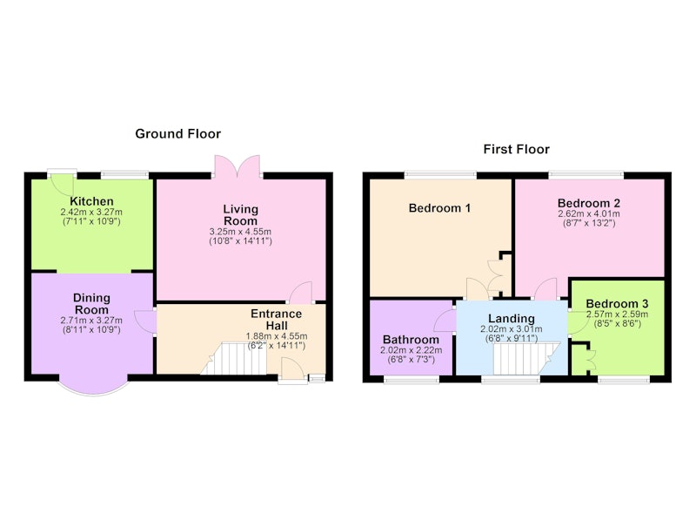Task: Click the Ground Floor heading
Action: (178, 134)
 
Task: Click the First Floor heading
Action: (516, 149)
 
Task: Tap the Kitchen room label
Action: (91, 201)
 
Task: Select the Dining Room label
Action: (91, 304)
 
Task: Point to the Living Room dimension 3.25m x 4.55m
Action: (240, 232)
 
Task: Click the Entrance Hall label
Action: (276, 320)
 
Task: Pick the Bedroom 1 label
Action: (439, 208)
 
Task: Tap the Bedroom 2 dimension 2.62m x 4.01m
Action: (589, 213)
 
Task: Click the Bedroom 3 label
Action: (617, 304)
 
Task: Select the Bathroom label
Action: (411, 340)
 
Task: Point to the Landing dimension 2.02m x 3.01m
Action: (511, 329)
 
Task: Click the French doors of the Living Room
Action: (238, 166)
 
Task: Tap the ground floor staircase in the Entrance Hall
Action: (233, 358)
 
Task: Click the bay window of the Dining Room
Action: (94, 386)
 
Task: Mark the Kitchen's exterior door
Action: (62, 181)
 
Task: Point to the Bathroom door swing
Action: (445, 320)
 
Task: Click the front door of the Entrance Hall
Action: (293, 370)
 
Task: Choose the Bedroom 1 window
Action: (440, 174)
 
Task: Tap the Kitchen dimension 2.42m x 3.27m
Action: (91, 213)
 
